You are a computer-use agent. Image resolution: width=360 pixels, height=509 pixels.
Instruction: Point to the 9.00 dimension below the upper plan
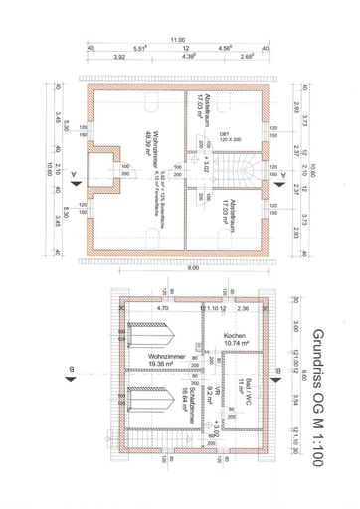click(178, 267)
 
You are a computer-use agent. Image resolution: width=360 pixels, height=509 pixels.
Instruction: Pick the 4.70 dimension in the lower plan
click(162, 309)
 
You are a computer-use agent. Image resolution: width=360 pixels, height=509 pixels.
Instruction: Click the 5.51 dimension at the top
click(140, 48)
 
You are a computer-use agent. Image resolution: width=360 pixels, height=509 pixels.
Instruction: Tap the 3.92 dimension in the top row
click(119, 57)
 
